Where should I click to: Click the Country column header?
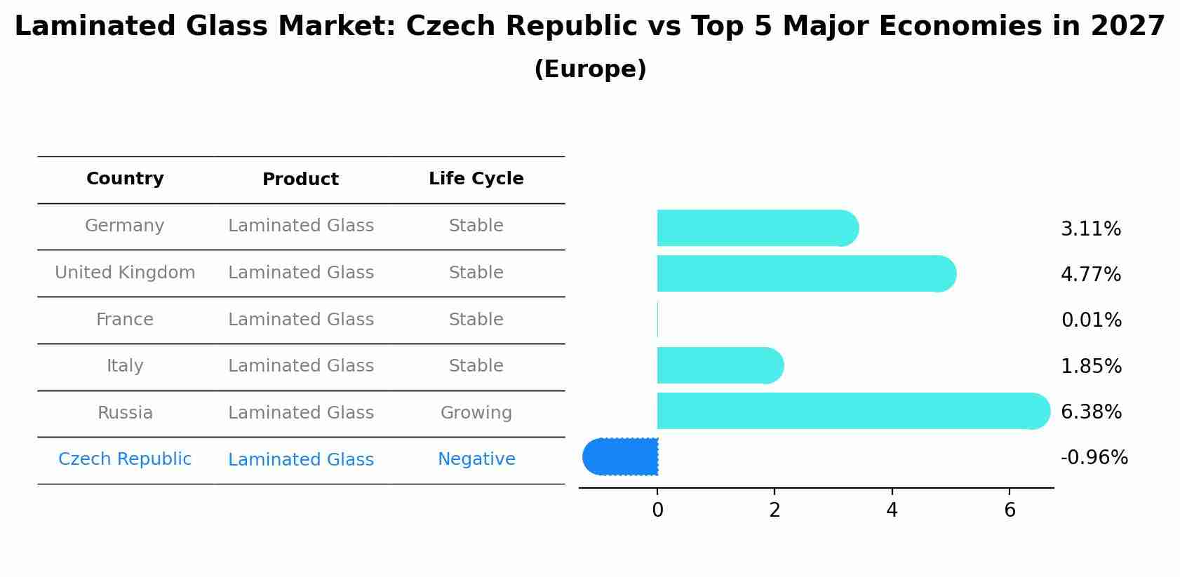(x=125, y=179)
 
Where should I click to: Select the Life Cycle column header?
(x=476, y=179)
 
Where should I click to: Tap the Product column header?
(x=300, y=179)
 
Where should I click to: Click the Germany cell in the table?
(x=124, y=226)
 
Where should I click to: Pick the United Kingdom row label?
(x=125, y=273)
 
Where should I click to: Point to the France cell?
(x=124, y=320)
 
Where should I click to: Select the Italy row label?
(x=125, y=366)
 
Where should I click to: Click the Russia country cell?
(x=125, y=413)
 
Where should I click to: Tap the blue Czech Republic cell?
(x=124, y=459)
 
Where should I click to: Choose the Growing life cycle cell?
(x=476, y=413)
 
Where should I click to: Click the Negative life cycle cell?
(x=476, y=459)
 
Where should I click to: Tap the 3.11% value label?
(x=1090, y=229)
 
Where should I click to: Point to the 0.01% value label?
(x=1091, y=320)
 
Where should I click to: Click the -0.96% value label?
(x=1094, y=458)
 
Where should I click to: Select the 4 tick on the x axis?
(x=892, y=510)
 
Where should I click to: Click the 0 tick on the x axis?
(x=657, y=510)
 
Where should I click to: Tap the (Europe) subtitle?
(x=590, y=69)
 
